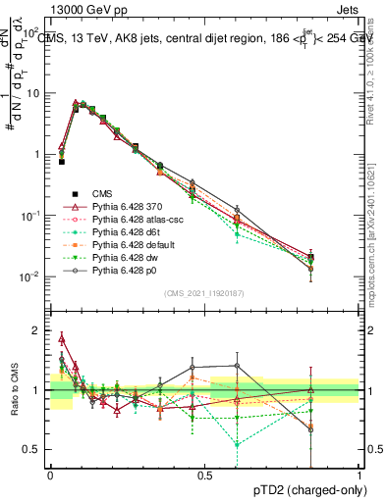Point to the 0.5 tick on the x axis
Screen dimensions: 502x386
[x=204, y=475]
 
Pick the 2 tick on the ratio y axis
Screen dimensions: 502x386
[x=38, y=330]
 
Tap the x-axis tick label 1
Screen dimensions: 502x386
[x=359, y=475]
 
